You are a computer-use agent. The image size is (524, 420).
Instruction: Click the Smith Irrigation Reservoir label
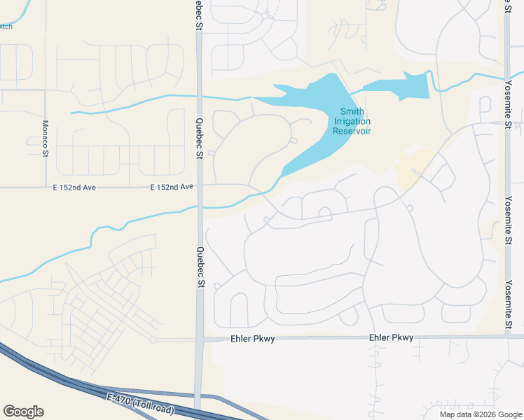[x=351, y=121]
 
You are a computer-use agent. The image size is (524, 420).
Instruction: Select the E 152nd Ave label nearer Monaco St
[x=72, y=188]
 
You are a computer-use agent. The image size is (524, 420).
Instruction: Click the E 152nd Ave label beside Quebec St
[x=171, y=188]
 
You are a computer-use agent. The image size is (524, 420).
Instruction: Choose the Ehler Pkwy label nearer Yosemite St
[x=391, y=337]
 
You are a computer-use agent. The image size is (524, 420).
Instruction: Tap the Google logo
[x=23, y=412]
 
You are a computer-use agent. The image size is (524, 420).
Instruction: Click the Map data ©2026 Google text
[x=481, y=414]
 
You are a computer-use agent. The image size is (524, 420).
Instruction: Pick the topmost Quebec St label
[x=199, y=15]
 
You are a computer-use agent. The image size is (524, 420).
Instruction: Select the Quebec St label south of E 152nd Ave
[x=200, y=267]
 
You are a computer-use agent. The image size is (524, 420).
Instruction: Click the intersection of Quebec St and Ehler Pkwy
[x=200, y=339]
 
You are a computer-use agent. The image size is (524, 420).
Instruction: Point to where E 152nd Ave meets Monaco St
[x=45, y=188]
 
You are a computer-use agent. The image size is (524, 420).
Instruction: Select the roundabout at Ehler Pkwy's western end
[x=153, y=339]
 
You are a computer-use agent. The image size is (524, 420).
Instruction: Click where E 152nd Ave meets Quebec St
[x=200, y=187]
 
